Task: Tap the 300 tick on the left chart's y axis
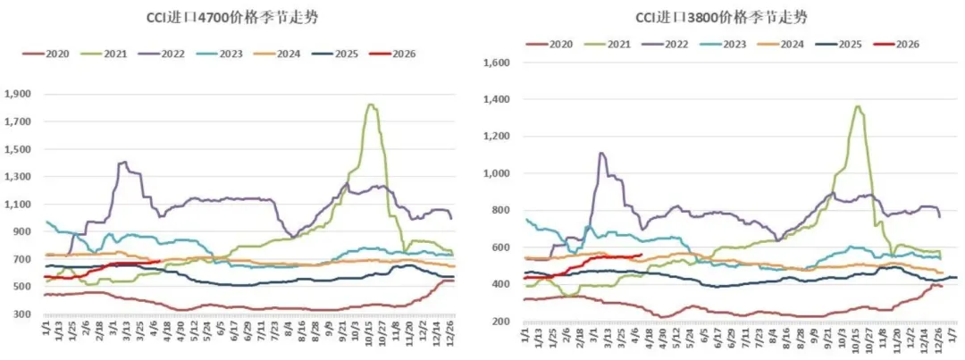point(23,314)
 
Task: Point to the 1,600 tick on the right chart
point(495,63)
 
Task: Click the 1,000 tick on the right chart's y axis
point(495,173)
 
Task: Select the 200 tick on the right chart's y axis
point(499,321)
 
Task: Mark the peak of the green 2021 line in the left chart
point(370,105)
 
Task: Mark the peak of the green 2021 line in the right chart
point(858,107)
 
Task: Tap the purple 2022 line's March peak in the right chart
point(601,153)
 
